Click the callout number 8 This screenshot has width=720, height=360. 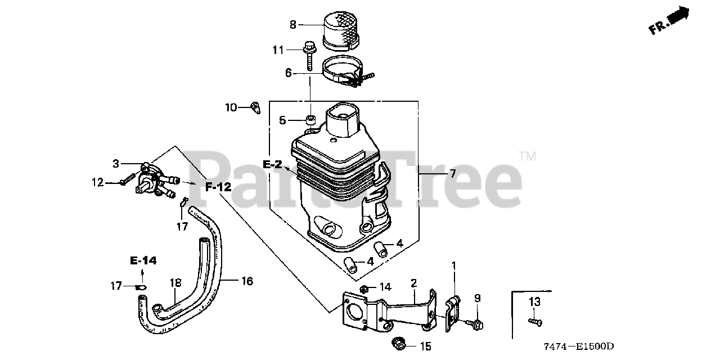(x=292, y=25)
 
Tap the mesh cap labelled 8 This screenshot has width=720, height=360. (x=341, y=29)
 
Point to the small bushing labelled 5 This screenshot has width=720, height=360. (x=310, y=120)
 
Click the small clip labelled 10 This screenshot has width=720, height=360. (x=255, y=107)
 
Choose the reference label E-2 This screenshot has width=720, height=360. (x=272, y=164)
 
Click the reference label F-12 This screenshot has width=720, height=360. (x=218, y=187)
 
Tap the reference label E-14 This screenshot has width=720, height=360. (x=143, y=260)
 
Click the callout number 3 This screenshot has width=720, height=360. (x=116, y=164)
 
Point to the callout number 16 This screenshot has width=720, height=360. (x=247, y=280)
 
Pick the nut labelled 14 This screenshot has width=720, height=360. (x=364, y=289)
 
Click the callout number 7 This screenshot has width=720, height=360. (x=452, y=174)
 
